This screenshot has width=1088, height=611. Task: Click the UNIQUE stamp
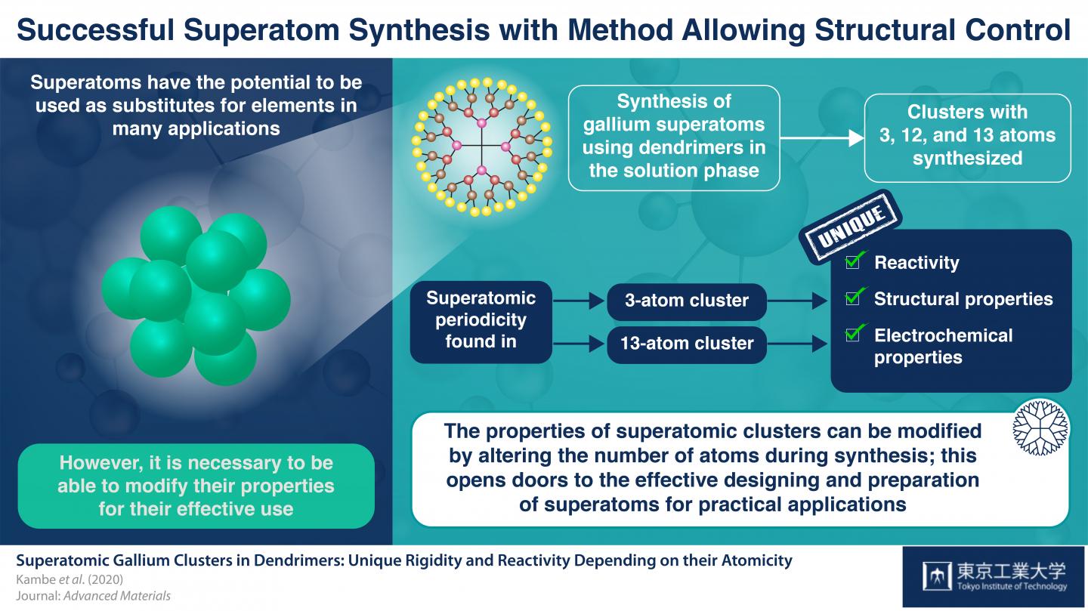[x=850, y=227]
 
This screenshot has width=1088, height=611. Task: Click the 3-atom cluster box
[x=687, y=301]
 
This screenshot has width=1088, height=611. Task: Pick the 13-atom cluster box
[x=687, y=344]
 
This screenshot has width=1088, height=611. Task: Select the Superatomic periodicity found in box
[x=481, y=322]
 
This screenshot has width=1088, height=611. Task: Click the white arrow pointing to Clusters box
[x=822, y=138]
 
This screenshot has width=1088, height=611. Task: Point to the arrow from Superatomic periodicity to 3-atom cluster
[x=579, y=301]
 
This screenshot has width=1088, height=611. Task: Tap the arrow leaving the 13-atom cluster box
[x=797, y=344]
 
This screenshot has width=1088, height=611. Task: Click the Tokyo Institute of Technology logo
[x=994, y=576]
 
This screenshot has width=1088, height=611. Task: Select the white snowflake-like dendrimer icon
[x=1040, y=427]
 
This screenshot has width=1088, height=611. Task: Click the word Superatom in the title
[x=261, y=30]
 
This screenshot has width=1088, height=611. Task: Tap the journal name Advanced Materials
[x=117, y=596]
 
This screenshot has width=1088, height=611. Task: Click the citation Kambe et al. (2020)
[x=70, y=579]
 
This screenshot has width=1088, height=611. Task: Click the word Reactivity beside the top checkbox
[x=916, y=263]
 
